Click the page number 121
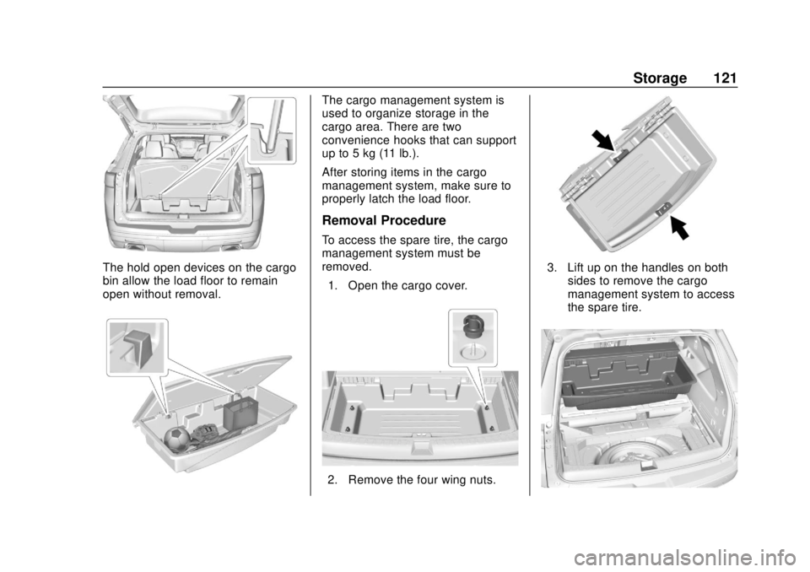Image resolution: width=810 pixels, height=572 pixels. pyautogui.click(x=725, y=78)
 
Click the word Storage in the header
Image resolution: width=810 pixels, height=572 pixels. pyautogui.click(x=660, y=78)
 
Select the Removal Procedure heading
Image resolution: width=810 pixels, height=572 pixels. pyautogui.click(x=384, y=221)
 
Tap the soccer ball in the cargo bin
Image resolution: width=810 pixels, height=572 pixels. pyautogui.click(x=176, y=439)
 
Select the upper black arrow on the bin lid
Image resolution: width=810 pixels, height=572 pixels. pyautogui.click(x=604, y=141)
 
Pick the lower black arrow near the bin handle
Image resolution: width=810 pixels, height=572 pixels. pyautogui.click(x=680, y=228)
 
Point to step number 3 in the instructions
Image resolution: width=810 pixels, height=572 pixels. pyautogui.click(x=552, y=267)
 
